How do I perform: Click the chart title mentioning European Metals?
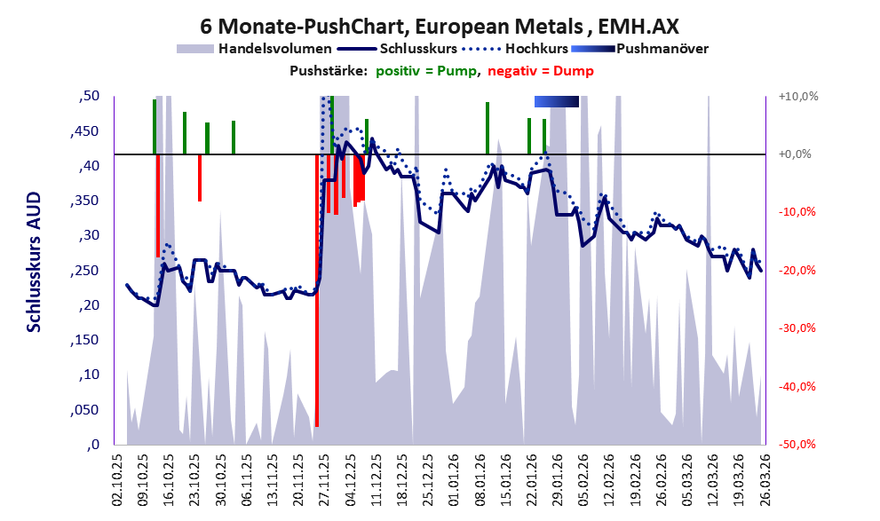[x=440, y=24]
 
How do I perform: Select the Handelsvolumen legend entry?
[x=274, y=48]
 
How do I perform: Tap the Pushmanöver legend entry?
[x=662, y=48]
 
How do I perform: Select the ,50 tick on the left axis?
[x=90, y=96]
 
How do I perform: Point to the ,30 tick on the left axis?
[x=90, y=235]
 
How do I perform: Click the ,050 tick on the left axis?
[x=86, y=410]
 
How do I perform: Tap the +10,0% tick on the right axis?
[x=797, y=96]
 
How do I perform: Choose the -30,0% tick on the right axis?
[x=797, y=328]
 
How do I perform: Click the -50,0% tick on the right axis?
[x=797, y=444]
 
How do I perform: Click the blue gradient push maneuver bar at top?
[x=557, y=102]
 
